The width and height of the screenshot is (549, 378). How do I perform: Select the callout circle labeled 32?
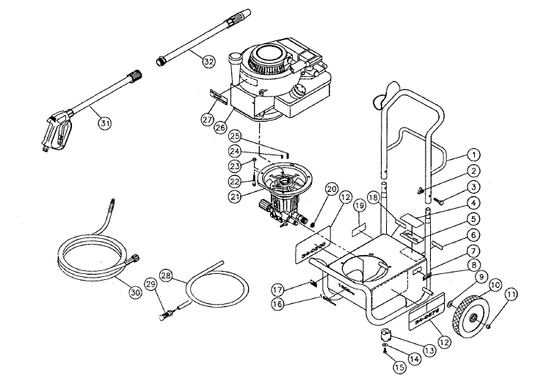tap(208, 62)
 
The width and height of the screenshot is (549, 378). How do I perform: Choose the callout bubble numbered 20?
tap(331, 189)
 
